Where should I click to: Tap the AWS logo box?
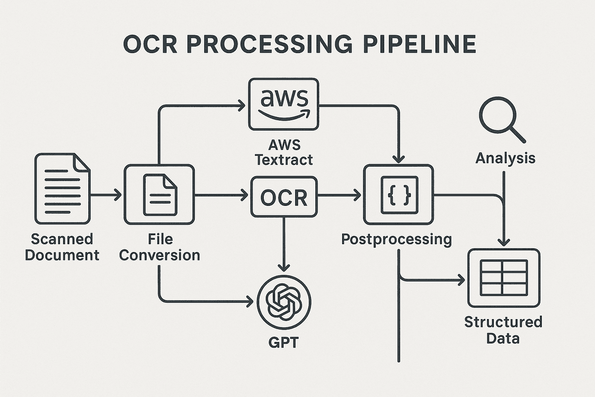pos(284,104)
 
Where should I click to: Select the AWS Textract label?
pos(284,151)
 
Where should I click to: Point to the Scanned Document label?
pos(62,247)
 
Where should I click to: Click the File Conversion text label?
pos(160,247)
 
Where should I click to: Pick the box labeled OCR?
pos(284,197)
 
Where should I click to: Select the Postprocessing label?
pos(397,239)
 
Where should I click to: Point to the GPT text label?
pos(284,343)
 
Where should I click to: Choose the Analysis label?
pos(505,158)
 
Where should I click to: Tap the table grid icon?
pos(503,278)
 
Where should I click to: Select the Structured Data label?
pos(503,330)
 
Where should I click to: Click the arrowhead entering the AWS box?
pos(241,105)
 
